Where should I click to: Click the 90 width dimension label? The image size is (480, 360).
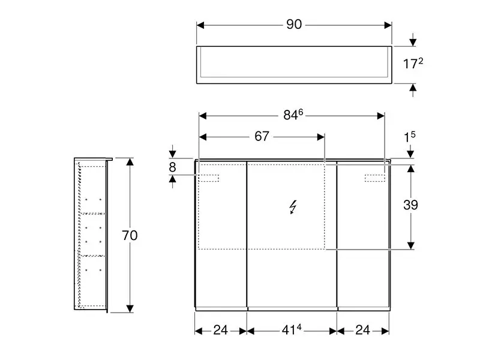click(x=294, y=25)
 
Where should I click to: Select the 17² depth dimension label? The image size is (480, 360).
click(x=413, y=64)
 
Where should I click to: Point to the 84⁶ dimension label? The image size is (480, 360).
click(x=293, y=115)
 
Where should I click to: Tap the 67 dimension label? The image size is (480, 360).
click(x=262, y=137)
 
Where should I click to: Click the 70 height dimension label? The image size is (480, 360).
click(x=130, y=235)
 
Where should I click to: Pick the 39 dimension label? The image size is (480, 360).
click(x=410, y=205)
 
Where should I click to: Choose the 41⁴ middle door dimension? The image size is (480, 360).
click(x=291, y=329)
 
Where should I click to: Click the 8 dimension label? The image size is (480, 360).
click(x=172, y=167)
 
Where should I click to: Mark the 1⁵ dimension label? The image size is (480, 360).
click(x=410, y=137)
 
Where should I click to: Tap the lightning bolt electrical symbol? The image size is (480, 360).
click(x=293, y=207)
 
